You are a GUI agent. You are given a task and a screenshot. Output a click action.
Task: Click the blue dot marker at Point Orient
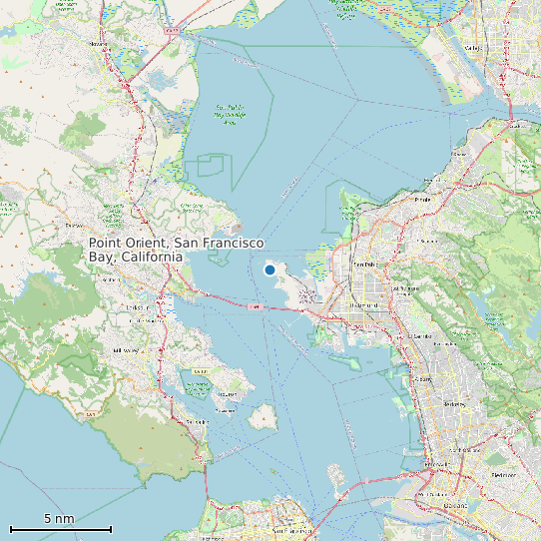[x=270, y=270]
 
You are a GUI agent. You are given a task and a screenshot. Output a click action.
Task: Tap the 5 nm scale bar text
[x=59, y=519]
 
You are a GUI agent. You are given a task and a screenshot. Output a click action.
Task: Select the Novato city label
[x=99, y=44]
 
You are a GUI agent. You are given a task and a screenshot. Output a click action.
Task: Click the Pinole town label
[x=422, y=199]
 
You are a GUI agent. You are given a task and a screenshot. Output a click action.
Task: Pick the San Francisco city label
[x=284, y=531]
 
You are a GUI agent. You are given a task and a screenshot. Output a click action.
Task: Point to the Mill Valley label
[x=127, y=350]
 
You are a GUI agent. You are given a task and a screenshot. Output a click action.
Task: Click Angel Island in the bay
[x=263, y=416]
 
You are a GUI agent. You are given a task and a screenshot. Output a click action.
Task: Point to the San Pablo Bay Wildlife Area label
[x=231, y=112]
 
